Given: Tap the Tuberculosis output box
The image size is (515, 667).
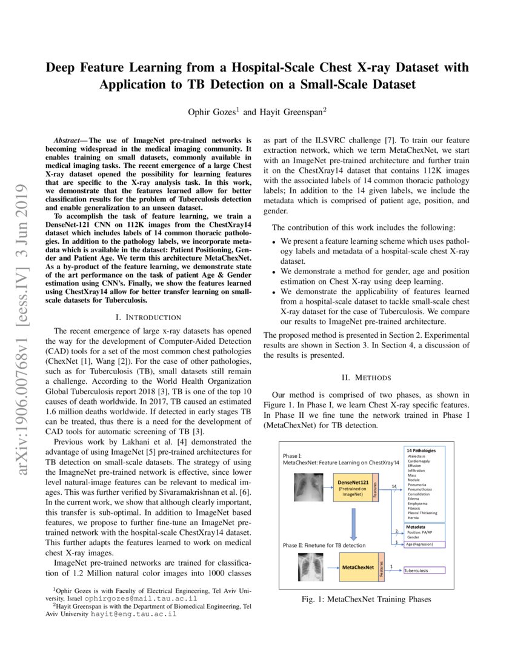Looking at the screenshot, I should (x=424, y=570).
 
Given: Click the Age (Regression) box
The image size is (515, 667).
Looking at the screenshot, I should (x=424, y=544).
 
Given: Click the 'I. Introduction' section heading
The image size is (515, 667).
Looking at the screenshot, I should (x=148, y=317).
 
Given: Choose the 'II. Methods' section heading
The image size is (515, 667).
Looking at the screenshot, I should (x=367, y=377).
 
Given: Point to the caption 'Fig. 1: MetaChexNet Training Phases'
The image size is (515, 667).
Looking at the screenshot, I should (x=367, y=599).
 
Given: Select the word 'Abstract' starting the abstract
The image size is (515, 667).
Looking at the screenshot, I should (x=68, y=131).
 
